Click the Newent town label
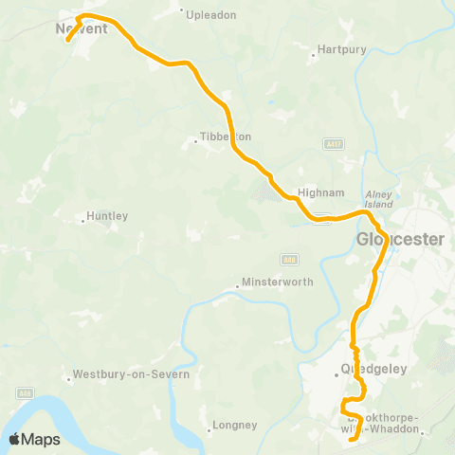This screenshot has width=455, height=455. coord(82,28)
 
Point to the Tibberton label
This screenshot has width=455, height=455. coord(227,136)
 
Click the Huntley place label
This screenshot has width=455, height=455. coord(106,216)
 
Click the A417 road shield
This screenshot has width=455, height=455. coord(331,142)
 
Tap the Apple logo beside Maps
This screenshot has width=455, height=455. coord(15,439)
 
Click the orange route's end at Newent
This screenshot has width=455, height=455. coord(68,41)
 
